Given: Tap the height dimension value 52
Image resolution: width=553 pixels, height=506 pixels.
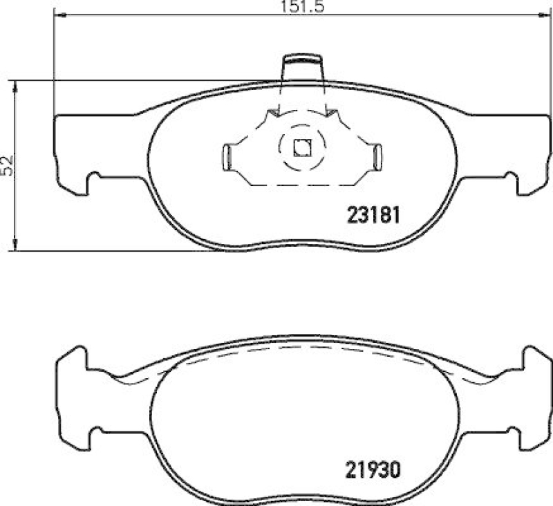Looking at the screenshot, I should pos(8,165).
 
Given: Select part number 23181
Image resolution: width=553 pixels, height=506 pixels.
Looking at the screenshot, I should pos(373,214).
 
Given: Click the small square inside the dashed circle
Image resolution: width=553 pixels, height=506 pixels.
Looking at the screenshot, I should pos(302,147).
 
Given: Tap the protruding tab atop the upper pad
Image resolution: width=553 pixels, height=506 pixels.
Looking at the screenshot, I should pos(302,68).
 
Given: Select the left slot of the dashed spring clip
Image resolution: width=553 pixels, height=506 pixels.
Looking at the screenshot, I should pos(227,156).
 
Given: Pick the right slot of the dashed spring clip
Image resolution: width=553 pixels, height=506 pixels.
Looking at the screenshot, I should pos(377,156).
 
